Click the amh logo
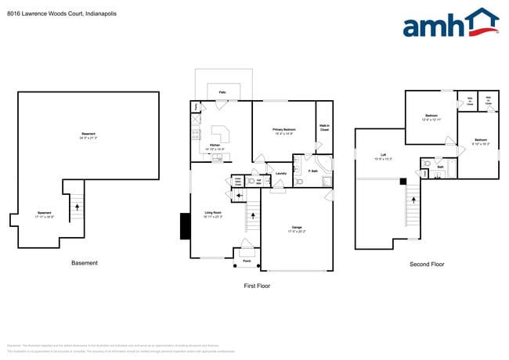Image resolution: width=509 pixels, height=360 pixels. (x=449, y=23)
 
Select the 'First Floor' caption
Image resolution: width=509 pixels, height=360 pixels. (x=256, y=286)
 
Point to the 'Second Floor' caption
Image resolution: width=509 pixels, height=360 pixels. (x=427, y=265)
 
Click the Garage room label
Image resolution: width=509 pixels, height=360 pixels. (x=295, y=229)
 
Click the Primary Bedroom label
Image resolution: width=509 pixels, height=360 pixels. (x=283, y=131)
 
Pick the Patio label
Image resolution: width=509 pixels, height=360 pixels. (x=223, y=92)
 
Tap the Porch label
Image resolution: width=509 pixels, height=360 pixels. (x=247, y=261)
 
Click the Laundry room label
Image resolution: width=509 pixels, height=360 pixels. (x=280, y=174)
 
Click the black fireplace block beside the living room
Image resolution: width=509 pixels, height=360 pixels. (x=185, y=226)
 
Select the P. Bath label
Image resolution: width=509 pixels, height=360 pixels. (x=312, y=171)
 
